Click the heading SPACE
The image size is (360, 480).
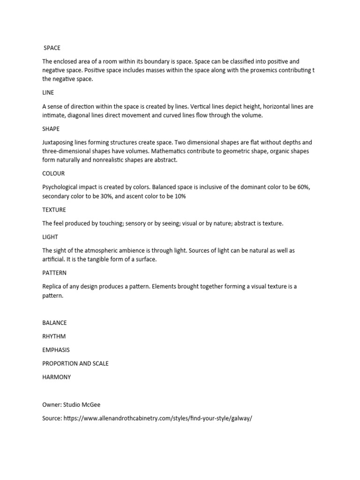pos(52,48)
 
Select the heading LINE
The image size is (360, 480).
pos(48,93)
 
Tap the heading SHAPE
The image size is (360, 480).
pos(51,128)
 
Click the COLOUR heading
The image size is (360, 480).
pos(53,173)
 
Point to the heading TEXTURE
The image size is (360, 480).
pos(54,210)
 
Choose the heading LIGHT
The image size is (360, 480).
pos(50,237)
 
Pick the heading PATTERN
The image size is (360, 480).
pos(54,273)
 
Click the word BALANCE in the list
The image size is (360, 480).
pos(54,323)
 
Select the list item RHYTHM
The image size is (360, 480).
pos(54,337)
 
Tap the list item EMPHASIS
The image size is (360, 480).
pos(56,350)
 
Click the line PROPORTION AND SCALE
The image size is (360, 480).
pos(75,364)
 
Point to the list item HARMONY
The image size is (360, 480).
pos(56,377)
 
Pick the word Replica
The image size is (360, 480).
pos(52,286)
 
